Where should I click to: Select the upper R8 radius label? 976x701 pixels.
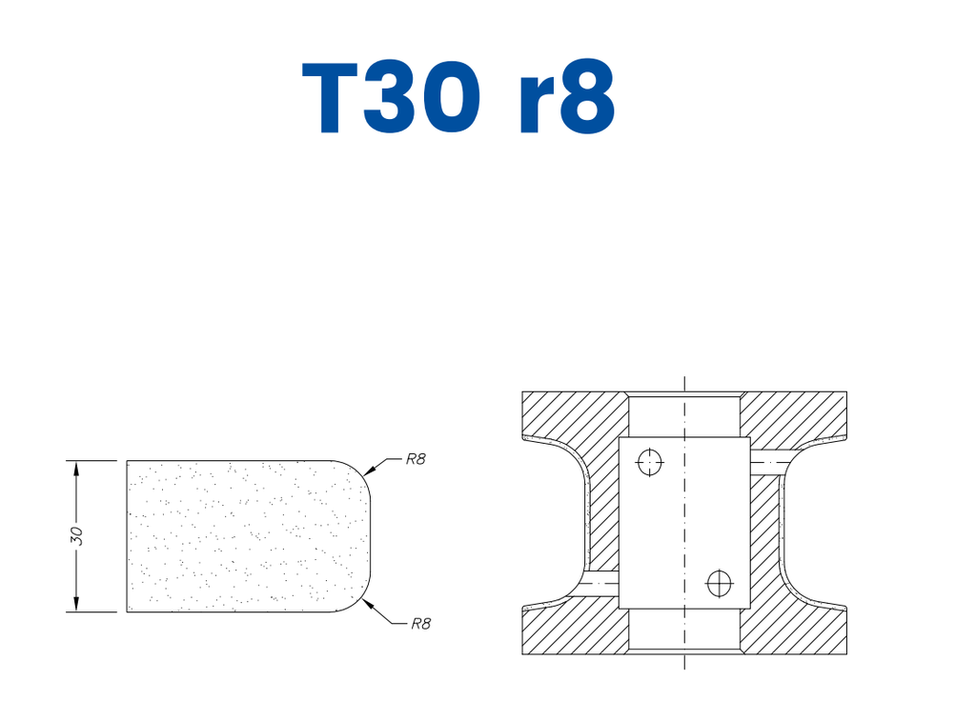coord(415,459)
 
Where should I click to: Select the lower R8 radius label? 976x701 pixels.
coord(421,625)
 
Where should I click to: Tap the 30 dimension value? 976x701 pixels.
coord(77,536)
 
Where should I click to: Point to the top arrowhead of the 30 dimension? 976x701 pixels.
coord(76,468)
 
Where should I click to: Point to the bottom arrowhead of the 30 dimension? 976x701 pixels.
coord(76,605)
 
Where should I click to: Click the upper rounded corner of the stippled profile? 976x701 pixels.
coord(362,471)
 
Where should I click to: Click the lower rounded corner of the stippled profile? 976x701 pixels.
coord(362,601)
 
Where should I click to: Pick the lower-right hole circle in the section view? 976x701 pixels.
coord(718,579)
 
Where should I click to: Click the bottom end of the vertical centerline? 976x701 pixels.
coord(684,667)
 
